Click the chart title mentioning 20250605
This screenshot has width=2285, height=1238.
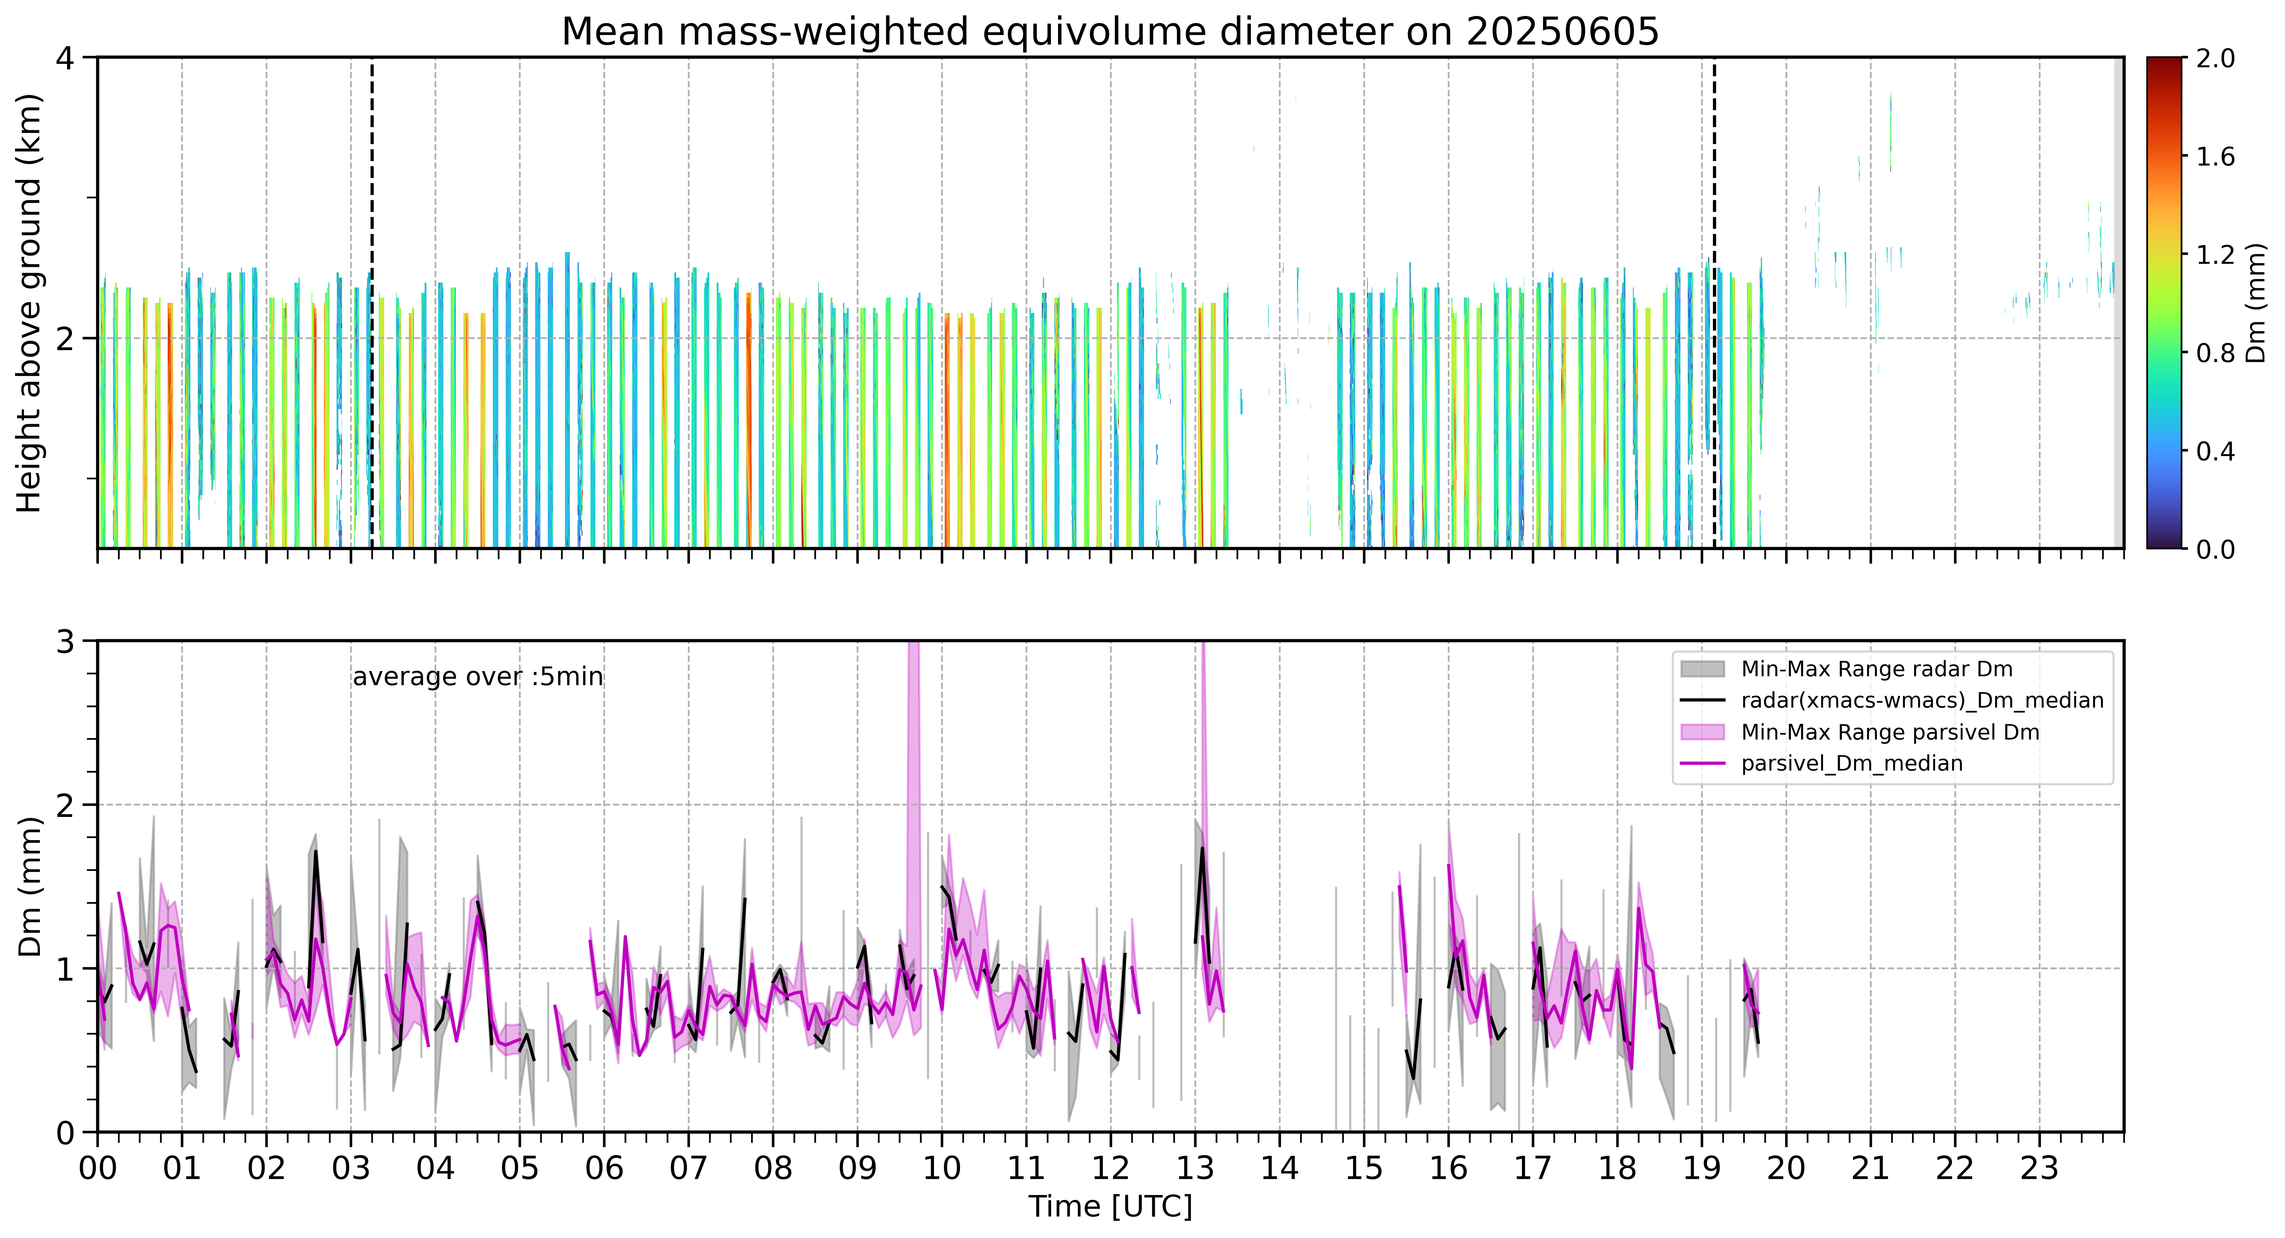coord(1110,32)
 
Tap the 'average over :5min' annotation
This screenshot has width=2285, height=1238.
coord(477,677)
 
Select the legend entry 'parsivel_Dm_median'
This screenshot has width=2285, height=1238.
coord(1851,763)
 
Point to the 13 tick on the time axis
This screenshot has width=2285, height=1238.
coord(1195,1168)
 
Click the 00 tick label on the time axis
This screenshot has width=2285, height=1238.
coord(98,1168)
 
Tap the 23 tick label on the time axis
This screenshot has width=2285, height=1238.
coord(2039,1168)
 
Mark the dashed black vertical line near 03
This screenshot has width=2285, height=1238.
coord(372,303)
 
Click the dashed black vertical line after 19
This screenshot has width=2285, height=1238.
coord(1714,303)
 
